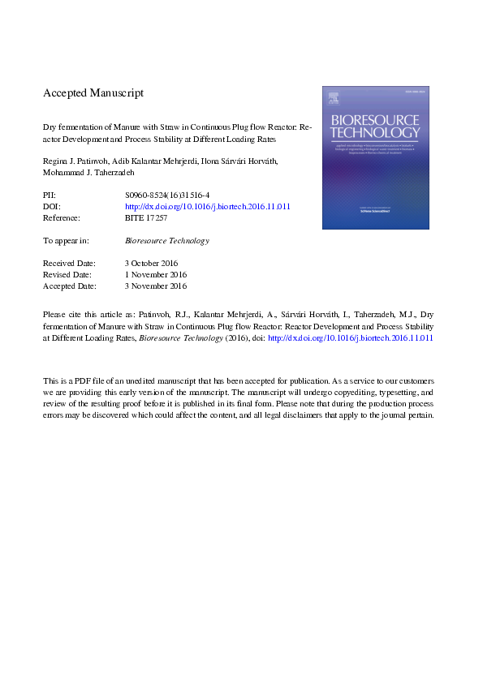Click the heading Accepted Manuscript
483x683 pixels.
[x=93, y=93]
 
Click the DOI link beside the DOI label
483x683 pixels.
[x=208, y=207]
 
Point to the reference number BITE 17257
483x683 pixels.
[x=146, y=218]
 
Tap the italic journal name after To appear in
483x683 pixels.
[x=167, y=241]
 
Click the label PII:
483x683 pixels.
[x=50, y=196]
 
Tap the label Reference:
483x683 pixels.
[x=61, y=218]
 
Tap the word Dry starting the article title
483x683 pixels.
[x=50, y=127]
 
